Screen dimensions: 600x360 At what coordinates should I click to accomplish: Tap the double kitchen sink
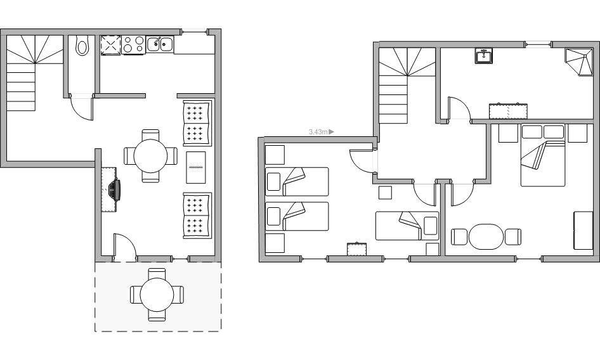click(160, 44)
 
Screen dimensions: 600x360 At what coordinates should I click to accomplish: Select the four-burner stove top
click(134, 45)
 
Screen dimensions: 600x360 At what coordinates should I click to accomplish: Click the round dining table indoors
click(150, 156)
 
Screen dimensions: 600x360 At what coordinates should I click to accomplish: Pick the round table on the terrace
click(157, 295)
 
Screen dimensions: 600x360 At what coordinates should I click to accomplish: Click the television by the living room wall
click(114, 190)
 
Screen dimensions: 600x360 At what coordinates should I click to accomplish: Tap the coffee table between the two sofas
click(196, 167)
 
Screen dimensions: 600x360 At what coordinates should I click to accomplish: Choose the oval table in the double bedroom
click(486, 236)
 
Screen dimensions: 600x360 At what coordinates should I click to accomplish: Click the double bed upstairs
click(543, 155)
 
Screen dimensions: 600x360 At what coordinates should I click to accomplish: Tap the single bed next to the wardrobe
click(407, 226)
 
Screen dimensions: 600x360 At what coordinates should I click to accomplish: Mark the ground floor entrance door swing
click(125, 247)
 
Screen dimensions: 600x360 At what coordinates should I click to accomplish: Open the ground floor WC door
click(82, 108)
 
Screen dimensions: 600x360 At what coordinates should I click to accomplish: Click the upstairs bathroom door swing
click(459, 108)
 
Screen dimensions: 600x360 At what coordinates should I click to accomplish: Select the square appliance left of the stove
click(111, 45)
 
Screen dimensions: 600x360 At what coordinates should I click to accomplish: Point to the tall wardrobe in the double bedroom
click(583, 230)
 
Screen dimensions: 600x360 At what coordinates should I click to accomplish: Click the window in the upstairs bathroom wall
click(538, 44)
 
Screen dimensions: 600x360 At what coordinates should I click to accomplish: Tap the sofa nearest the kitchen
click(197, 123)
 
